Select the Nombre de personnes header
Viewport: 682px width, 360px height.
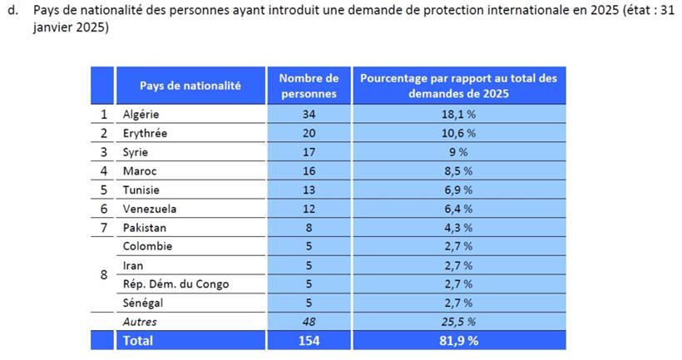(x=309, y=86)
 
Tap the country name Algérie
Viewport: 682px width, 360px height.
(x=141, y=115)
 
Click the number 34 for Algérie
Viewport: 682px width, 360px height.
(x=309, y=115)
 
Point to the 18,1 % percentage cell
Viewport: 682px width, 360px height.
(x=458, y=115)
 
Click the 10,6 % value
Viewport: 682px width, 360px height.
(x=458, y=133)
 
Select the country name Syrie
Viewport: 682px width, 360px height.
(x=135, y=152)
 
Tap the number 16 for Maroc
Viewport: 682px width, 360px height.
(x=309, y=171)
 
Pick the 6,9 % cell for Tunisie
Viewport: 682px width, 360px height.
(x=458, y=190)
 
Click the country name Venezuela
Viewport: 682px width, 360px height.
(x=149, y=209)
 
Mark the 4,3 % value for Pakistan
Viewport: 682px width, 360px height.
(x=458, y=228)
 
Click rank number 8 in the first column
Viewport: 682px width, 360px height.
(x=103, y=274)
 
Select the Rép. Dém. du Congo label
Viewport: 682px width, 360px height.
(x=175, y=284)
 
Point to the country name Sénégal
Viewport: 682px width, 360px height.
(x=143, y=303)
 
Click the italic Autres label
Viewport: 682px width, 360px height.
(x=139, y=322)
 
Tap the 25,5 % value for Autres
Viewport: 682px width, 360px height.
(x=458, y=322)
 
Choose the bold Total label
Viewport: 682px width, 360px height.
(x=138, y=341)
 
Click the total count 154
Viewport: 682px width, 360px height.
(x=309, y=341)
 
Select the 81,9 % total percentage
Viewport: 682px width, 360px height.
(x=458, y=341)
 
